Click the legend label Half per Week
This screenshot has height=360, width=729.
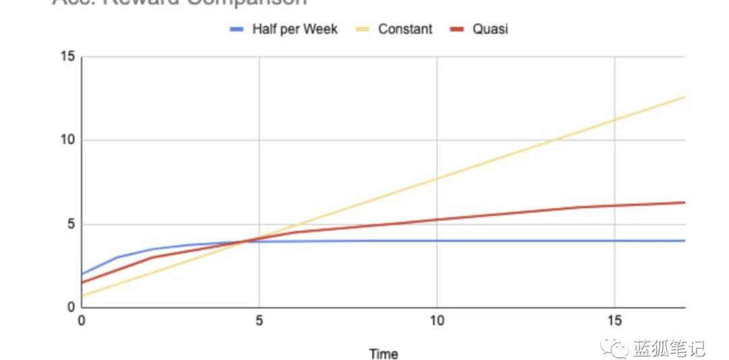295,29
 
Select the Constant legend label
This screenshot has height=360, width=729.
405,29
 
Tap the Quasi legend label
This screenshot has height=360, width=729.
490,29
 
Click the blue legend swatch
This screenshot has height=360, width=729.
236,30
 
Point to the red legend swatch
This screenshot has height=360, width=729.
458,30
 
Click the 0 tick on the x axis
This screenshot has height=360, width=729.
82,320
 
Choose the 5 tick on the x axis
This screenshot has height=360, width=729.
259,320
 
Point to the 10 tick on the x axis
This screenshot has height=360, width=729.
437,320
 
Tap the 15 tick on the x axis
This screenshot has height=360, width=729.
614,320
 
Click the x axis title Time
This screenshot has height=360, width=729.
383,353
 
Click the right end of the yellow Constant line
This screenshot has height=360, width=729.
684,97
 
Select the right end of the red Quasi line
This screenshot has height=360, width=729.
684,203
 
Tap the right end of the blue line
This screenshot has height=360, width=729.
684,240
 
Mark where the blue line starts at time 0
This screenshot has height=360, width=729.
82,274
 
